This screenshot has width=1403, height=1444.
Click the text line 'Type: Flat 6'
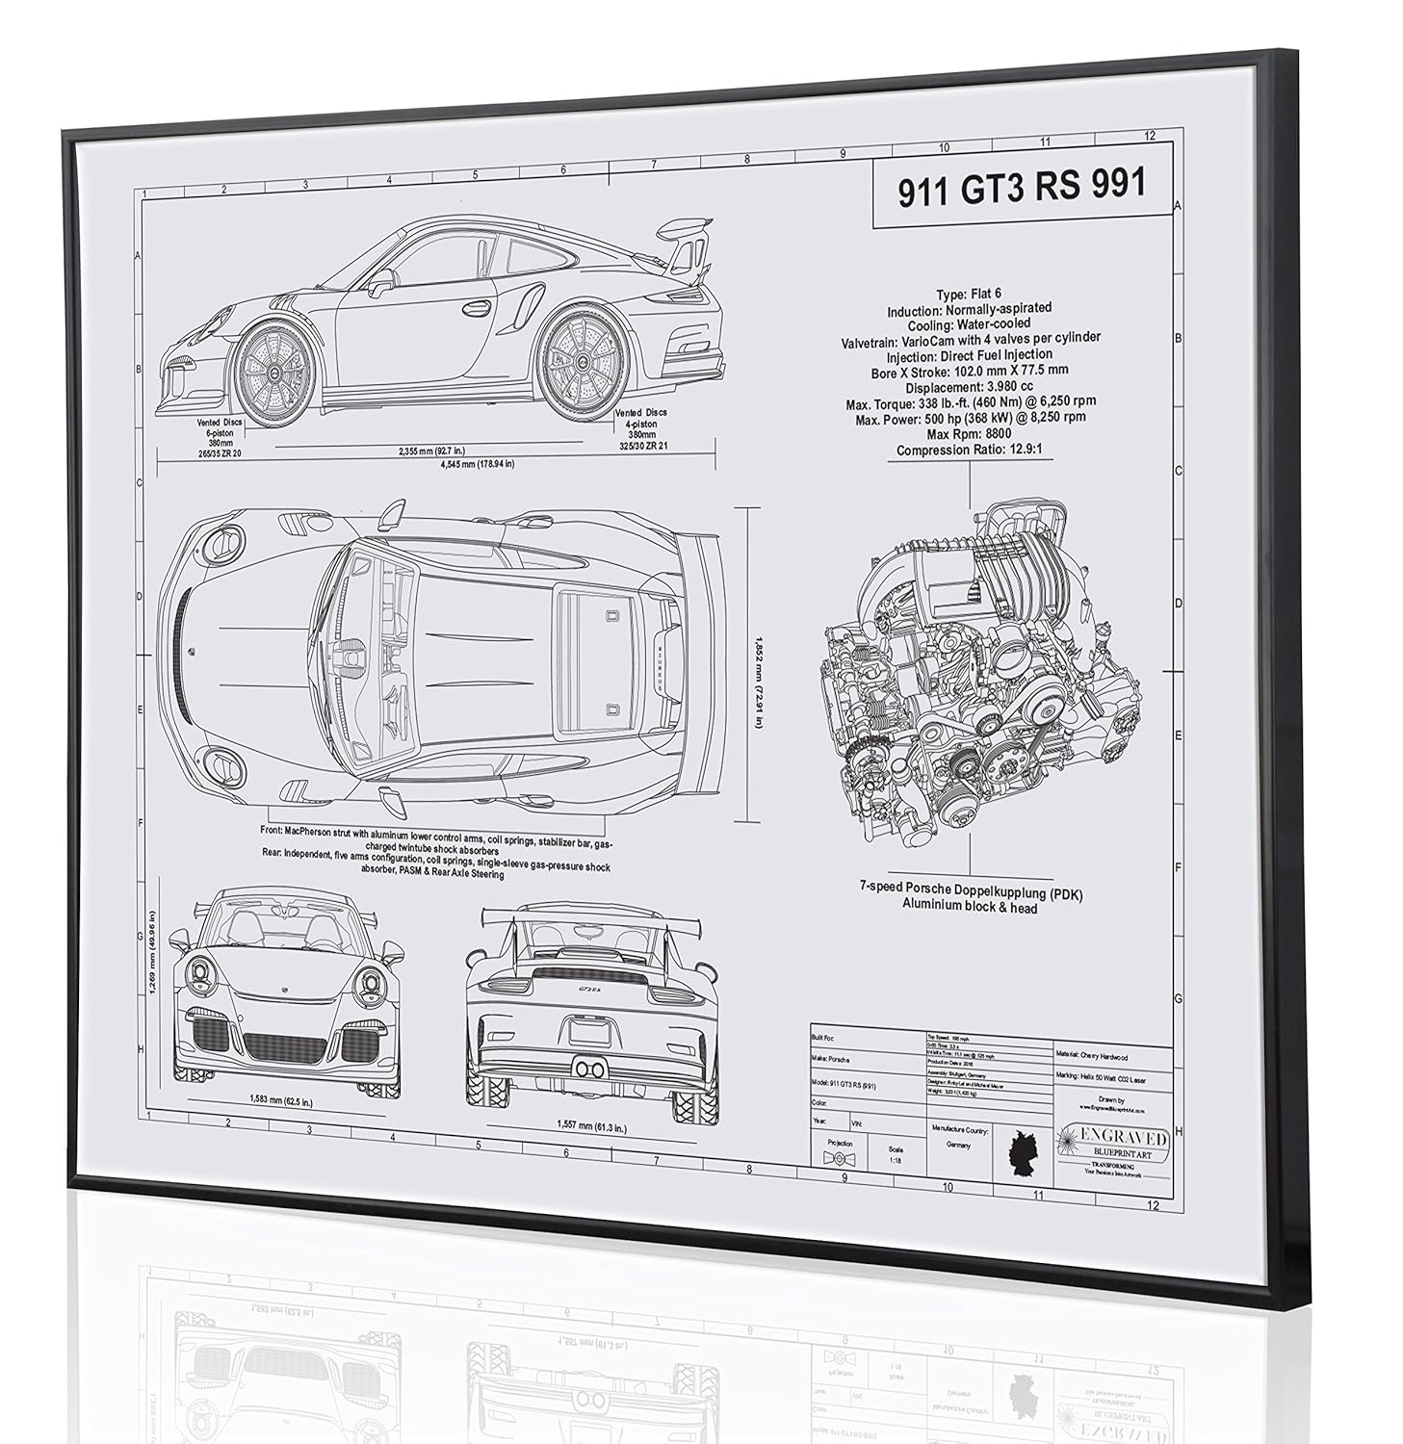[967, 295]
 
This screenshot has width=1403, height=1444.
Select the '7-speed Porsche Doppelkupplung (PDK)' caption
[971, 893]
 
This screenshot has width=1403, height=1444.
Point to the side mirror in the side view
[381, 281]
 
